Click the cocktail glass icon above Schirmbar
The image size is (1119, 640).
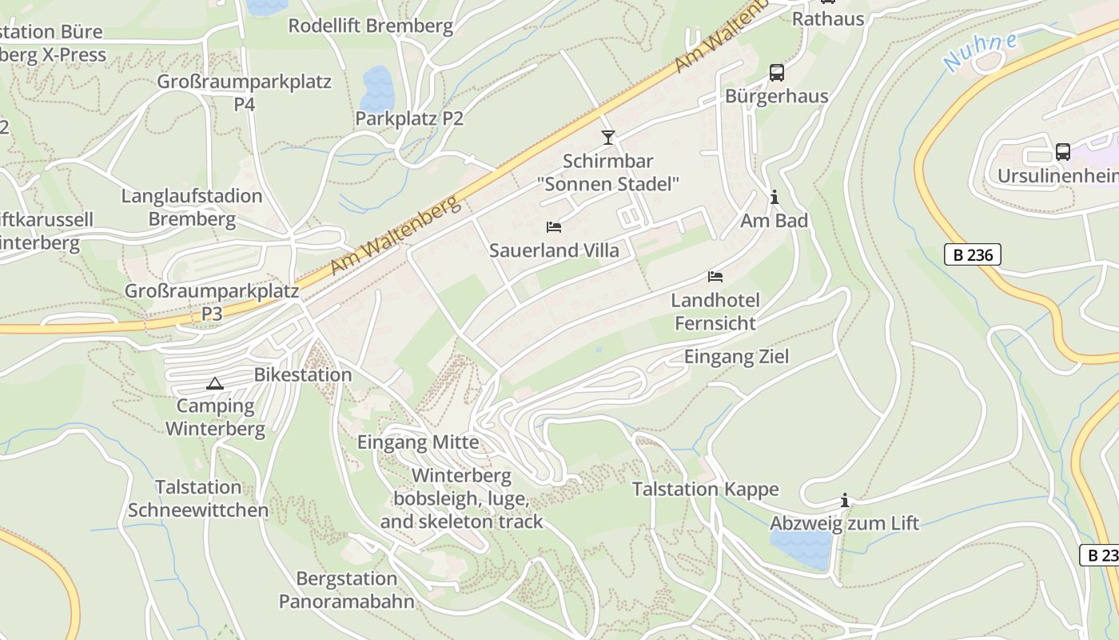(x=608, y=138)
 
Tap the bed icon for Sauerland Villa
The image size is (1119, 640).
(x=553, y=227)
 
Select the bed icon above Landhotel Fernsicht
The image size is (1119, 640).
(x=715, y=277)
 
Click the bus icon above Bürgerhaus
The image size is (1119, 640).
(x=776, y=73)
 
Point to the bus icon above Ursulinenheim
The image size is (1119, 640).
(x=1062, y=151)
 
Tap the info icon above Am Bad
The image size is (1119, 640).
(x=774, y=197)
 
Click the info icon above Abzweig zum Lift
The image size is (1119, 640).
(x=844, y=501)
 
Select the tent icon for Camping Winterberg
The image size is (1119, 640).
(x=214, y=383)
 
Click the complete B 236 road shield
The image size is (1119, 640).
(x=972, y=254)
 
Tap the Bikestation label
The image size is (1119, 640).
(x=302, y=374)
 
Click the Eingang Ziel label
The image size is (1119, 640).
(x=736, y=357)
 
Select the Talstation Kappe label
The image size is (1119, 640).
(x=705, y=489)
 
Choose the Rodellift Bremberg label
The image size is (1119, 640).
(x=370, y=26)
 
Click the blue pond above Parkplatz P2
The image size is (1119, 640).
(x=377, y=88)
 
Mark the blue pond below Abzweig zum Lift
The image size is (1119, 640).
(x=802, y=550)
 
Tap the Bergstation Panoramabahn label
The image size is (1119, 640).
(x=346, y=590)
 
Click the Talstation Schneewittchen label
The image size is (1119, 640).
(x=198, y=498)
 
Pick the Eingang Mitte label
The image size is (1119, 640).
(x=417, y=442)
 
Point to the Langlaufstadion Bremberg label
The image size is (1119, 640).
(x=192, y=207)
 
